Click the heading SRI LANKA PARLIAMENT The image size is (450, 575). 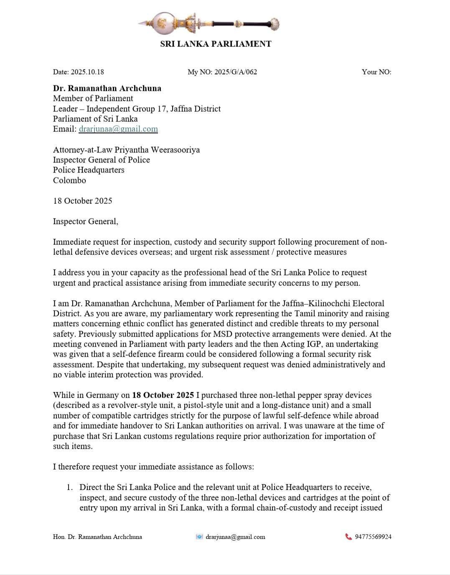(216, 44)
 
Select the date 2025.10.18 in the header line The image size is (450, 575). (87, 72)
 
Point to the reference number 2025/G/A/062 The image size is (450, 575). (236, 72)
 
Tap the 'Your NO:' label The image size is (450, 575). (376, 72)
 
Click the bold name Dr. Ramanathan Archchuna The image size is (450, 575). (107, 88)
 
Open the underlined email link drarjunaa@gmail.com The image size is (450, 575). (118, 129)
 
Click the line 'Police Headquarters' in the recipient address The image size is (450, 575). (89, 170)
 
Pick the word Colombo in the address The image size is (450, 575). (69, 180)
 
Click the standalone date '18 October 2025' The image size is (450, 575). (83, 201)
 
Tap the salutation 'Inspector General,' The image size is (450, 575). (86, 221)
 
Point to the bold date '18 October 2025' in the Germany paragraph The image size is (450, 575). (163, 395)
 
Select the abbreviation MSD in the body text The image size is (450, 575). (223, 334)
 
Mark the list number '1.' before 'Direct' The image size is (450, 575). (70, 488)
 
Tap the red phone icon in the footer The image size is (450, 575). (348, 536)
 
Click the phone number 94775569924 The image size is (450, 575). (373, 537)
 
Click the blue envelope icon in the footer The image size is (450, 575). (199, 537)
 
